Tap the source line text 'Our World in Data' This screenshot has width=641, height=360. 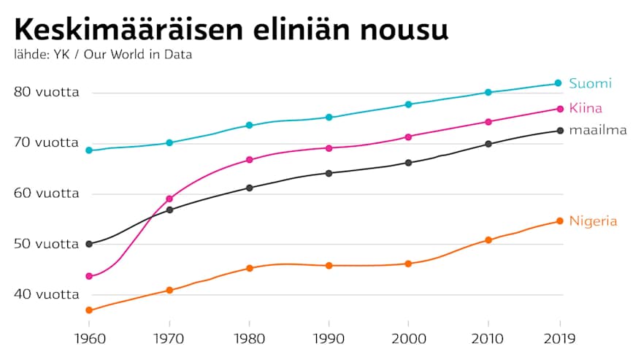(138, 55)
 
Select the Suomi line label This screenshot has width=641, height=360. (590, 83)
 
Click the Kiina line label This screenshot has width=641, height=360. (586, 109)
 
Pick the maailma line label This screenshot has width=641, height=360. (598, 131)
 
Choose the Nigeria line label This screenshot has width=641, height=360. (593, 221)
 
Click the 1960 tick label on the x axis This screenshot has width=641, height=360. (89, 339)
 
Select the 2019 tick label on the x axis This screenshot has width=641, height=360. (559, 339)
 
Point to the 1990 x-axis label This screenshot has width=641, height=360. (329, 339)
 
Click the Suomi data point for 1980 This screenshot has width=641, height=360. (249, 126)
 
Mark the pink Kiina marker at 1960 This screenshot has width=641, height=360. (89, 276)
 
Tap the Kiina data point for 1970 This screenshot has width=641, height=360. (169, 199)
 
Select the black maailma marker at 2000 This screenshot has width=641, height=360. (408, 162)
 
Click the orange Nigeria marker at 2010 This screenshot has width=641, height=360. (488, 240)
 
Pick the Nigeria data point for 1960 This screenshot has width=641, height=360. (89, 310)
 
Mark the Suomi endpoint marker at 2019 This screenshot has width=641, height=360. (559, 83)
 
